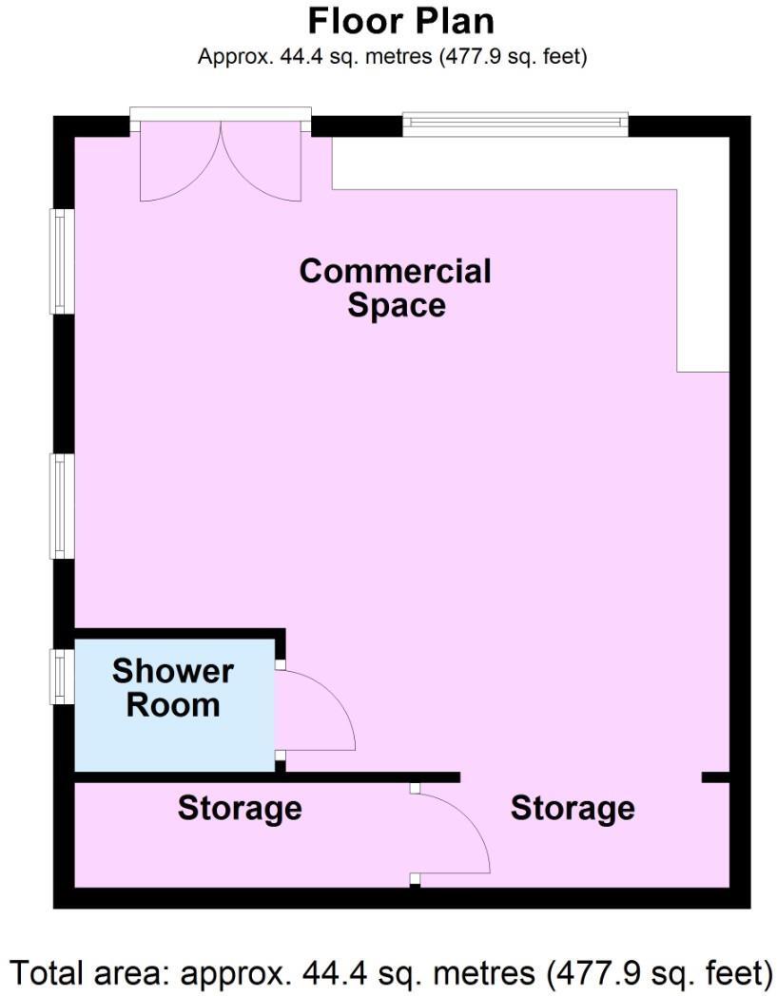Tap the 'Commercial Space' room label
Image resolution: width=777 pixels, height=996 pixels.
(x=396, y=288)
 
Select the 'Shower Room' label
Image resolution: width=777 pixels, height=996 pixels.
(x=173, y=688)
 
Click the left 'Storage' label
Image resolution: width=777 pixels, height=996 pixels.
(x=240, y=809)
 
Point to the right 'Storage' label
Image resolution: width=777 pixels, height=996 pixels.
(x=573, y=809)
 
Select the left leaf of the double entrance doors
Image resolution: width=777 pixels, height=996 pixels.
(x=179, y=166)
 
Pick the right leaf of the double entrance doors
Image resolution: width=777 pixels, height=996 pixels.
(x=262, y=166)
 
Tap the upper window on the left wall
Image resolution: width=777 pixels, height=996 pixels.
(x=62, y=260)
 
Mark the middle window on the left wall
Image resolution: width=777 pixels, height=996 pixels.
(x=62, y=506)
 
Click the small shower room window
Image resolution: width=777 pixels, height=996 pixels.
(x=62, y=676)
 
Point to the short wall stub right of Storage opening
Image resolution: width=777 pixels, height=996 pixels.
(x=715, y=777)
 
